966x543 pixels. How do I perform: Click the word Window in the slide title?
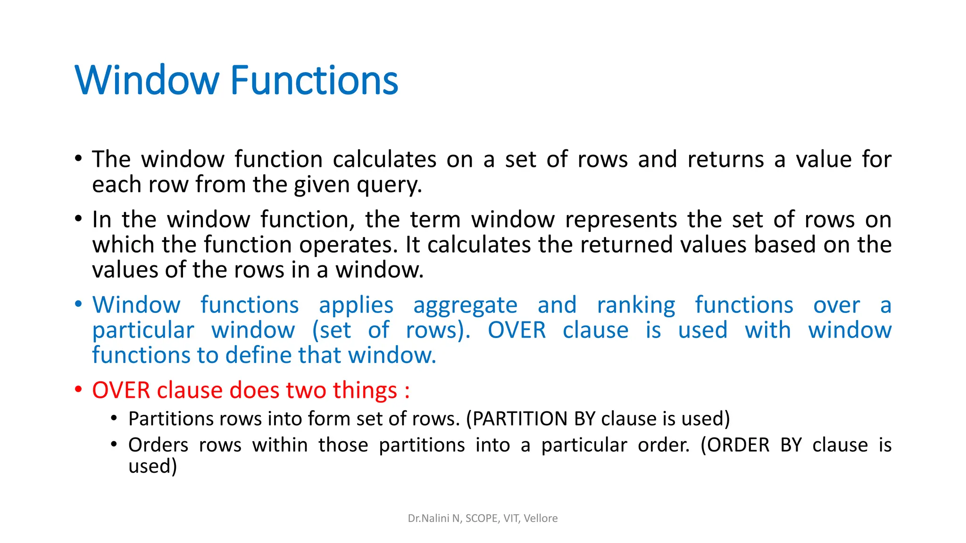click(x=147, y=80)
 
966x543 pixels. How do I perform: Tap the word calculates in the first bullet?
click(x=384, y=159)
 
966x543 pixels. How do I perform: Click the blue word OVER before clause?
click(x=516, y=330)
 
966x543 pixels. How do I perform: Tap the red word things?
click(x=365, y=391)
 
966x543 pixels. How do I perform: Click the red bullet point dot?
click(x=79, y=390)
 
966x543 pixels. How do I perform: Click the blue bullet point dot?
click(x=79, y=304)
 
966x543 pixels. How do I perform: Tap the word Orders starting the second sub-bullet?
click(x=158, y=445)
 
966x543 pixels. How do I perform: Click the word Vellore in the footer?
click(x=541, y=518)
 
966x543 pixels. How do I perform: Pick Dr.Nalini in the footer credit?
click(x=428, y=518)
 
